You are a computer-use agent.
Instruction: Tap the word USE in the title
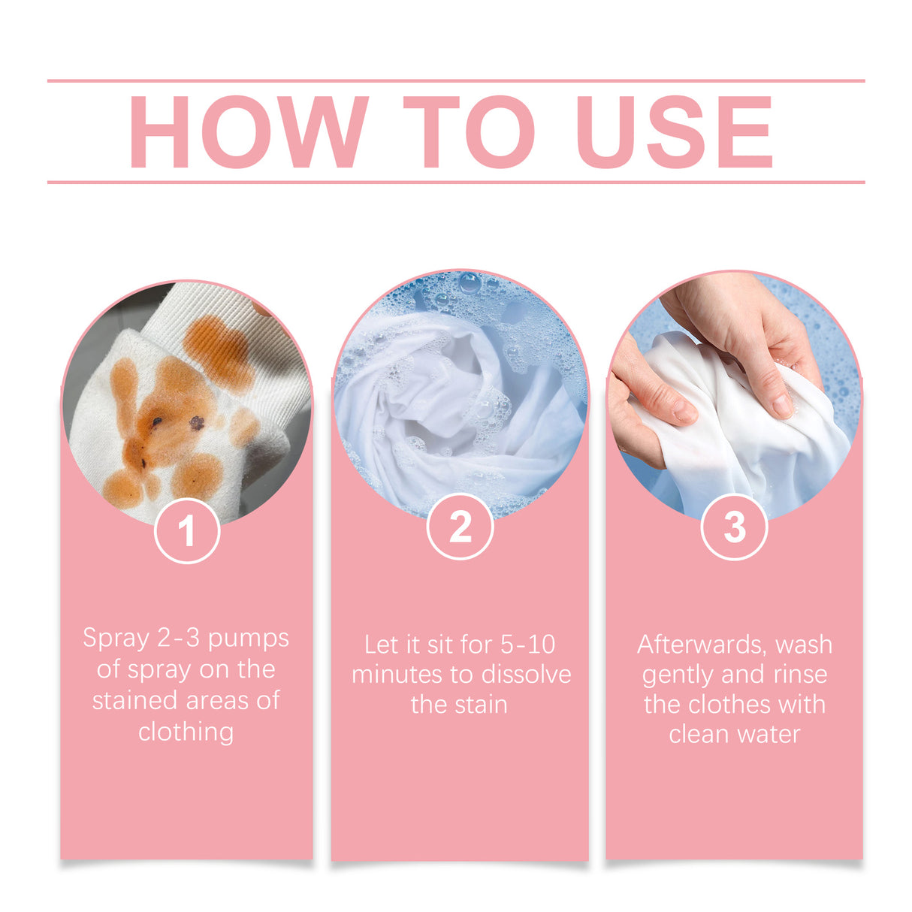[x=674, y=132]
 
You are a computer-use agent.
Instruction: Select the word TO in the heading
[x=469, y=132]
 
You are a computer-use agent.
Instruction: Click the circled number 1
[x=187, y=531]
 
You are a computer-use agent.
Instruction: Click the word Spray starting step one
[x=116, y=639]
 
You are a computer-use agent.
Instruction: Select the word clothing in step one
[x=186, y=732]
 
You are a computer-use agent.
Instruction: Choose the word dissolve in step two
[x=526, y=675]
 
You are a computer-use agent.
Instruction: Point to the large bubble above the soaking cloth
[x=470, y=283]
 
